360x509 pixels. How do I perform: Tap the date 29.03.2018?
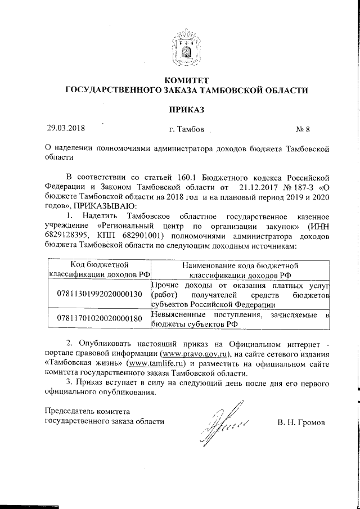point(66,128)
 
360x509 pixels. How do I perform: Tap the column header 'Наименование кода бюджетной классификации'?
point(240,269)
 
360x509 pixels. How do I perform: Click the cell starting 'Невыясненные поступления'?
point(240,318)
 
